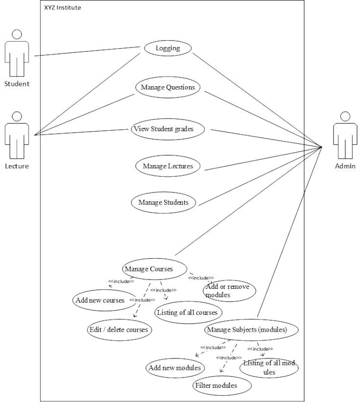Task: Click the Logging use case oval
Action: (x=168, y=48)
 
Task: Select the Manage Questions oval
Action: (x=168, y=87)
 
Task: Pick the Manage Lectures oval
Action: (x=168, y=166)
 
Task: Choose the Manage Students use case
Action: (x=164, y=202)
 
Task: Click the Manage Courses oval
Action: (x=149, y=269)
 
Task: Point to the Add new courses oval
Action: (x=100, y=300)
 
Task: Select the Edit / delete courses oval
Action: (x=119, y=330)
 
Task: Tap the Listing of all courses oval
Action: (x=187, y=313)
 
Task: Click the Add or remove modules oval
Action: (x=229, y=290)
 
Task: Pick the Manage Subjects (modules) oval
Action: (x=247, y=330)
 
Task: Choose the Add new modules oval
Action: (x=174, y=368)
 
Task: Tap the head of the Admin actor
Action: (x=345, y=116)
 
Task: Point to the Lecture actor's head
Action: (x=17, y=116)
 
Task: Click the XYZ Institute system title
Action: (x=62, y=8)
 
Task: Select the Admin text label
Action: (x=345, y=166)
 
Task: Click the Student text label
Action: (x=17, y=84)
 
